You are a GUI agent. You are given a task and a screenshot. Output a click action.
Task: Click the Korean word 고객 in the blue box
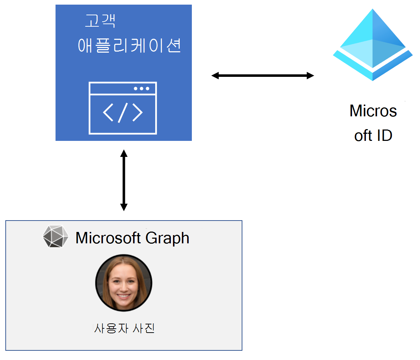[x=100, y=21]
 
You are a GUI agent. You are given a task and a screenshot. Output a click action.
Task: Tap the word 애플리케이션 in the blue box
[x=130, y=46]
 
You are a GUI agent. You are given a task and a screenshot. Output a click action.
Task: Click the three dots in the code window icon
[x=141, y=89]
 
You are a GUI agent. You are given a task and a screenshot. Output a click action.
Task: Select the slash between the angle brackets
[x=123, y=112]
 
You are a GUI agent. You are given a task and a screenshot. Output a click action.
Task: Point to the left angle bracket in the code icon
[x=108, y=112]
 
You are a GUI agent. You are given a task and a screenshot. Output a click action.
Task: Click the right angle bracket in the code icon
[x=137, y=112]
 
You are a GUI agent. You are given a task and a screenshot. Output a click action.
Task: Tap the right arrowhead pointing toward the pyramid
[x=310, y=75]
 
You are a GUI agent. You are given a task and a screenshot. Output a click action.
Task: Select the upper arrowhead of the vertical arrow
[x=124, y=153]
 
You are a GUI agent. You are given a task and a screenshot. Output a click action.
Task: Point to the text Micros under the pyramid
[x=373, y=111]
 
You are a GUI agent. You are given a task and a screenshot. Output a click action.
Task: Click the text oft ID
[x=373, y=136]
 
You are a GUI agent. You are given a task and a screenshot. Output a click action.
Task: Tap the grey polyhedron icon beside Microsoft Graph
[x=56, y=236]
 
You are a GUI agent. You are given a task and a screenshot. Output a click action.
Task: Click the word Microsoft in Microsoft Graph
[x=109, y=238]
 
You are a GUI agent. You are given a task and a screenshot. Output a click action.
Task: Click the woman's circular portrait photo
[x=124, y=283]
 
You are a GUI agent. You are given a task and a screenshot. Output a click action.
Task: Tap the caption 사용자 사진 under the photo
[x=124, y=328]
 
